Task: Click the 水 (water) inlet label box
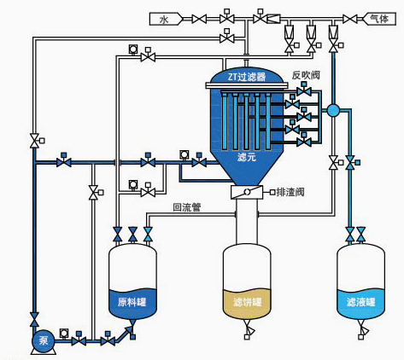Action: click(166, 19)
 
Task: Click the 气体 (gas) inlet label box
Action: click(379, 19)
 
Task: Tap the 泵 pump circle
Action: click(44, 340)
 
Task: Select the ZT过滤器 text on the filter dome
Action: click(247, 77)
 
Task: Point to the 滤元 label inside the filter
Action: click(247, 157)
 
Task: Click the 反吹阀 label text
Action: click(306, 75)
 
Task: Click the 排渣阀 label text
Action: click(290, 192)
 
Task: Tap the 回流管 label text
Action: click(187, 207)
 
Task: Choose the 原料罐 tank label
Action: click(132, 302)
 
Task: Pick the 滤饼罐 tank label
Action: click(247, 302)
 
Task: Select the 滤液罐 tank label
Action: click(360, 302)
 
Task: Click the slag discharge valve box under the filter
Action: click(247, 192)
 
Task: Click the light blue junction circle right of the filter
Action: click(333, 110)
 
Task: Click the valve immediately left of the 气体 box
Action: click(350, 19)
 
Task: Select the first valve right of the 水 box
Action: click(199, 19)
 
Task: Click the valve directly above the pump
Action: click(34, 319)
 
